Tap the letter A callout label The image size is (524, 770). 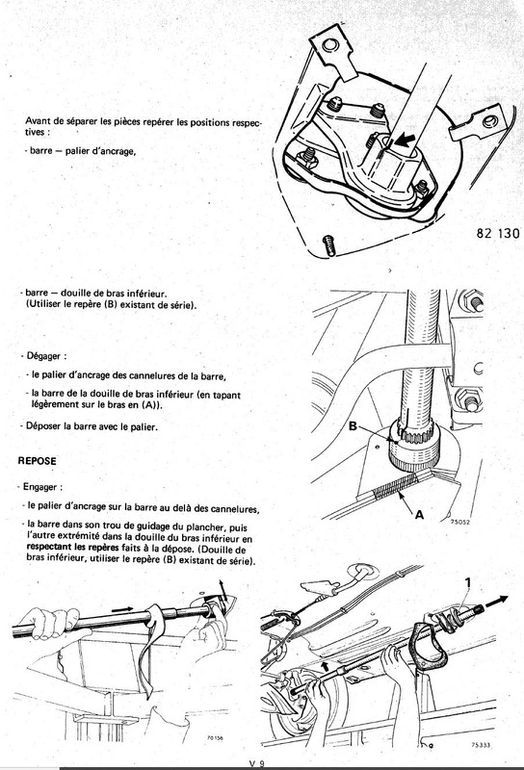pos(420,515)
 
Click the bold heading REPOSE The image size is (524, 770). pos(37,462)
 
